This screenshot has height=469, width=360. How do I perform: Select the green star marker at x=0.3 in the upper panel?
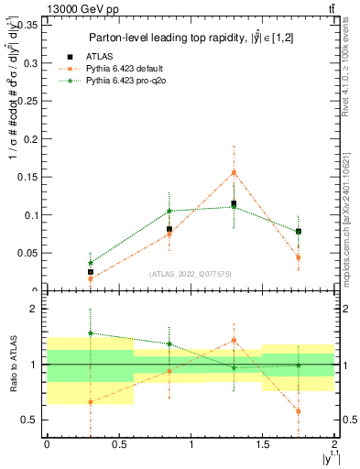pyautogui.click(x=90, y=263)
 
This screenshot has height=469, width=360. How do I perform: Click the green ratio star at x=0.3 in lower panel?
pyautogui.click(x=90, y=333)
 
